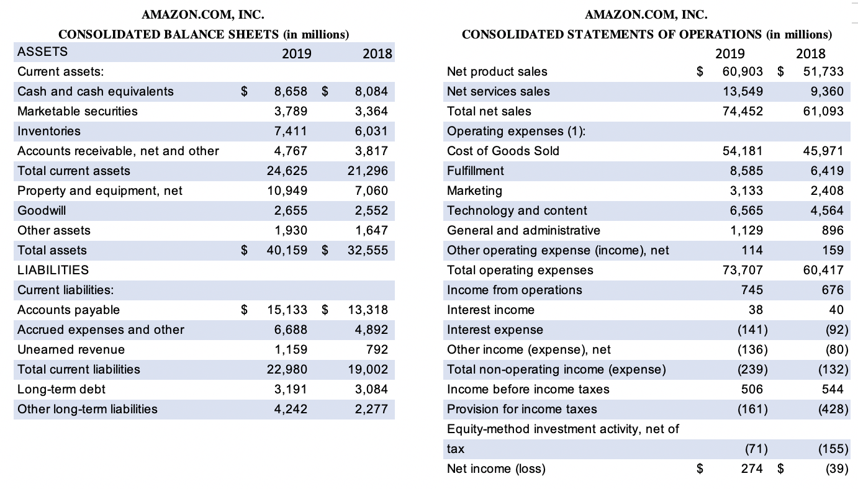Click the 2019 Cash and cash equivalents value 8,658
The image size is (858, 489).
(291, 91)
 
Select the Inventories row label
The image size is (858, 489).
(49, 132)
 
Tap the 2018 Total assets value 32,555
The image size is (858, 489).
(368, 251)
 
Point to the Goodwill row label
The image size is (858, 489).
(42, 210)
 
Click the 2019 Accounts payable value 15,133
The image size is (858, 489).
(287, 310)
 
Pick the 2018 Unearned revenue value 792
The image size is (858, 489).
(377, 349)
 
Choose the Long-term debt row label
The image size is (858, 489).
(61, 390)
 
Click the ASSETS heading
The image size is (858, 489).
(42, 52)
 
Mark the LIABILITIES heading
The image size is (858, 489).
(53, 271)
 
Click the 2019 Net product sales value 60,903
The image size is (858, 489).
(743, 71)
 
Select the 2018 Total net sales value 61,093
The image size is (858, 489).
(823, 112)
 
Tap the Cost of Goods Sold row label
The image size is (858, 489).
(503, 151)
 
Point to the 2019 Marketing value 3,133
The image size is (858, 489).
(746, 191)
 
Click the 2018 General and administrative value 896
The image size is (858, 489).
(833, 230)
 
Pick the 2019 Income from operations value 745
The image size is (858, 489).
(752, 290)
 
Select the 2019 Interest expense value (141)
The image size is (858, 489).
(752, 330)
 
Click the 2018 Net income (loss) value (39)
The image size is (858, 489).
(837, 469)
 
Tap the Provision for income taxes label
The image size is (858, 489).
(522, 410)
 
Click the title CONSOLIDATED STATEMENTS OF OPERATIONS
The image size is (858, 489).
(612, 35)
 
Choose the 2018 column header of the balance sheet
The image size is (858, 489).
(377, 53)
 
